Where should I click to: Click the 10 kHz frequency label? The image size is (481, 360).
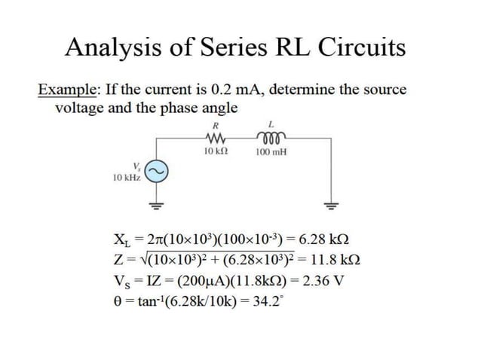pos(126,178)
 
